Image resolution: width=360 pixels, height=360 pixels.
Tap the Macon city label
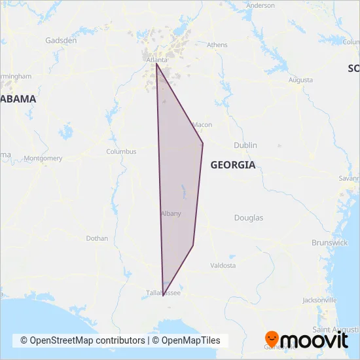coord(203,124)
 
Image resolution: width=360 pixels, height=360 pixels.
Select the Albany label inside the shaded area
coord(170,213)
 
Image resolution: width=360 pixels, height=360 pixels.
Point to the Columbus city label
coord(121,151)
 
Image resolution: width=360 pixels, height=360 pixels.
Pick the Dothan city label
coord(97,238)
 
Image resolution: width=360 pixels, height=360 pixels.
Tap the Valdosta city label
coord(223,265)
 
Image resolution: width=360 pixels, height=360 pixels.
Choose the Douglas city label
coord(249,217)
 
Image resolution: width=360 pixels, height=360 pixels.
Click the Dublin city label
coord(245,145)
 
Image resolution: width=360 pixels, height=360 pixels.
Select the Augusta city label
coord(300,80)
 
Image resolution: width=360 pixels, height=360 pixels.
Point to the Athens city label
coord(217,45)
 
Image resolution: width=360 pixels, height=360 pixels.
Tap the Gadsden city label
coord(61,40)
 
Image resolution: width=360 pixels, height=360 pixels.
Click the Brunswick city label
coord(330,242)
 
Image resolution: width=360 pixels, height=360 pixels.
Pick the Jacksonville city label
coord(320,300)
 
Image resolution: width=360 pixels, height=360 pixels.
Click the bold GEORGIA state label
coord(232,165)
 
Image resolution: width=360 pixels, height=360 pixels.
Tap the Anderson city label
coord(261,5)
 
